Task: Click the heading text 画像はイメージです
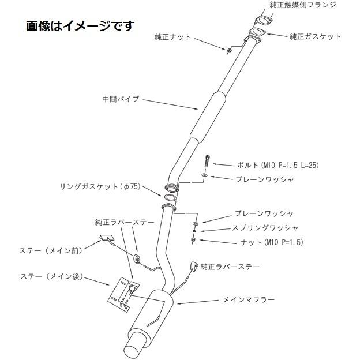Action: click(80, 26)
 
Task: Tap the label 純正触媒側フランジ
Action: click(303, 5)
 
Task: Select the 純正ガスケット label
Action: click(315, 36)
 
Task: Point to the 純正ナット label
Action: click(172, 37)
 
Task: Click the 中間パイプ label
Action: click(121, 99)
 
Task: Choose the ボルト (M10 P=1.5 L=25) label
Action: click(278, 165)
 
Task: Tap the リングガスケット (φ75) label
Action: click(100, 186)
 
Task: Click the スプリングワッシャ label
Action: click(265, 228)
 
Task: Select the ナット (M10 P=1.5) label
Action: click(272, 242)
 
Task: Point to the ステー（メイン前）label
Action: click(51, 250)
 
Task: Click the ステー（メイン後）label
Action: click(51, 276)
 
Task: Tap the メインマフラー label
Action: click(249, 299)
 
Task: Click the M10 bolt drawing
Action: click(207, 162)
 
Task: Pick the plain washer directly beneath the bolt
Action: click(205, 175)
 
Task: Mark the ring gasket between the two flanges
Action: click(170, 197)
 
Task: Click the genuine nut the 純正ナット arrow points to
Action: click(229, 51)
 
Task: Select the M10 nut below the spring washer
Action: click(193, 240)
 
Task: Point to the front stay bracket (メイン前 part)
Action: click(107, 238)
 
